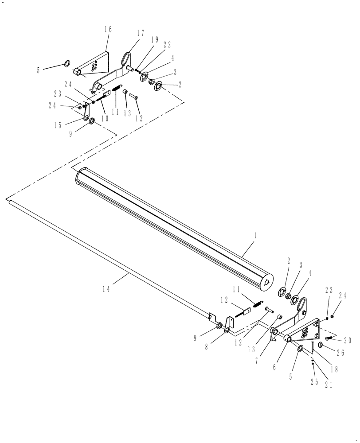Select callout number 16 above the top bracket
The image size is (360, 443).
point(108,30)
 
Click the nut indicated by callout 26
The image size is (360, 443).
point(321,345)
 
